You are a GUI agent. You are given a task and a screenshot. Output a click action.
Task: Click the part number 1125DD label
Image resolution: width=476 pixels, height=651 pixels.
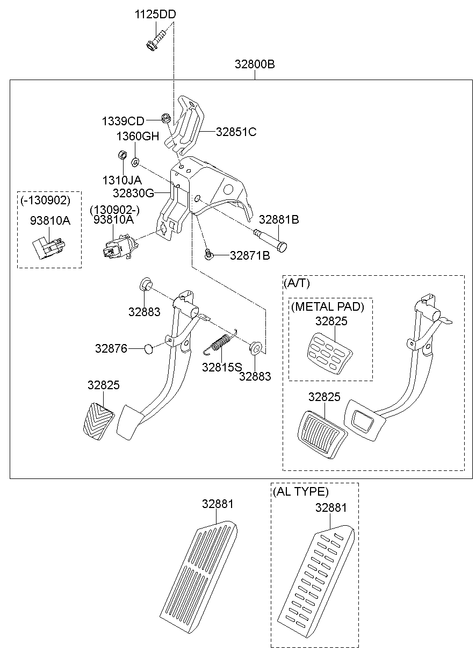(x=155, y=15)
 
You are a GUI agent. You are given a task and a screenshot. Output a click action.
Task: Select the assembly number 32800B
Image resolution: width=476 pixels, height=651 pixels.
(x=254, y=65)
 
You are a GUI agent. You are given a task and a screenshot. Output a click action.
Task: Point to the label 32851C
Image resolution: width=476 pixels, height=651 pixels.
(x=236, y=132)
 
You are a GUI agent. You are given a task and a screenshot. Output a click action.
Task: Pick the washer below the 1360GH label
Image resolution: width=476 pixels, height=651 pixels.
(x=135, y=160)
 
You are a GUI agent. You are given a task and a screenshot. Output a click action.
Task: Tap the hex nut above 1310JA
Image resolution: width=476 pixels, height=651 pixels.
(x=122, y=155)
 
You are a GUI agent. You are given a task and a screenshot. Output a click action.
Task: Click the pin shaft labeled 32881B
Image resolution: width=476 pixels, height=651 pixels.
(x=272, y=240)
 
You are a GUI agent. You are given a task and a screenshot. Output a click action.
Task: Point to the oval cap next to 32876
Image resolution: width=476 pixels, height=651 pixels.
(x=148, y=349)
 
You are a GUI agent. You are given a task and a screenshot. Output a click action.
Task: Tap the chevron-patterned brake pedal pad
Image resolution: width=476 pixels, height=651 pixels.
(x=99, y=421)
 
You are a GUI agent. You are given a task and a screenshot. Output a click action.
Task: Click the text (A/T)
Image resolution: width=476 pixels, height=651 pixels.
(x=296, y=283)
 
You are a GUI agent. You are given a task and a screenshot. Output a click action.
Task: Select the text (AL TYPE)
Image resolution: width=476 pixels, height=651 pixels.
(x=300, y=491)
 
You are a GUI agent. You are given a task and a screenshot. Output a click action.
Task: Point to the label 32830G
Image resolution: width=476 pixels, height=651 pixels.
(x=134, y=192)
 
